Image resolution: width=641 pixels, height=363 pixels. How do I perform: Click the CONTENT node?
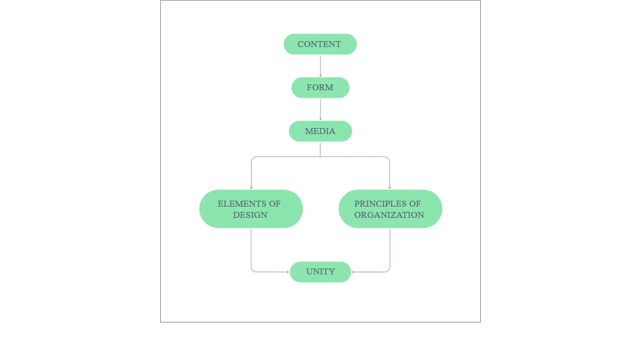tap(320, 44)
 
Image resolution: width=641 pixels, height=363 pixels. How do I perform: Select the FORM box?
tap(320, 88)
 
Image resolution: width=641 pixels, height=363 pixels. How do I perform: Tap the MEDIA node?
tap(320, 131)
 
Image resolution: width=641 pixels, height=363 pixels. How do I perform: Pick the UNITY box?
tap(320, 272)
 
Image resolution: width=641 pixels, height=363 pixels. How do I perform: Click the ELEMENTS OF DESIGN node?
tap(251, 209)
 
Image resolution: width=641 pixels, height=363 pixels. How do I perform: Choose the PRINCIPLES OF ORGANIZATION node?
tap(390, 209)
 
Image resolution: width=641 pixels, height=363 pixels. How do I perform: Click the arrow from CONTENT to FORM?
tap(320, 65)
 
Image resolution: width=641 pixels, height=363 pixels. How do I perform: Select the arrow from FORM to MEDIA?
tap(320, 109)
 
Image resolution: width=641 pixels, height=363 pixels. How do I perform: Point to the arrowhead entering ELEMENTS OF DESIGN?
tap(251, 187)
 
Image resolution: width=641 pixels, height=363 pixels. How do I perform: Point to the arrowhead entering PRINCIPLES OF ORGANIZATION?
tap(389, 187)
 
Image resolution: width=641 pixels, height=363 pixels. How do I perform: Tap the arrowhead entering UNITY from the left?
tap(287, 272)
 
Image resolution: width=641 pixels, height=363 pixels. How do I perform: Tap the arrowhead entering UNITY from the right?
tap(354, 272)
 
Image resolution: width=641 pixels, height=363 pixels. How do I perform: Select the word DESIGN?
tap(250, 215)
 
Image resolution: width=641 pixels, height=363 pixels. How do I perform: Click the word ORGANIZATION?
tap(389, 215)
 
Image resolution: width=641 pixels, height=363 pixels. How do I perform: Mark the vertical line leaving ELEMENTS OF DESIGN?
tap(251, 248)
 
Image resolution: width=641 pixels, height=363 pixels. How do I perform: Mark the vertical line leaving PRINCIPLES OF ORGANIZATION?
tap(390, 248)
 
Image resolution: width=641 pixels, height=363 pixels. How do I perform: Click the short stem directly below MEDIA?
tap(320, 149)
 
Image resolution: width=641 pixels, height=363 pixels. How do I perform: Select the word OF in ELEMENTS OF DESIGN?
tap(275, 203)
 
